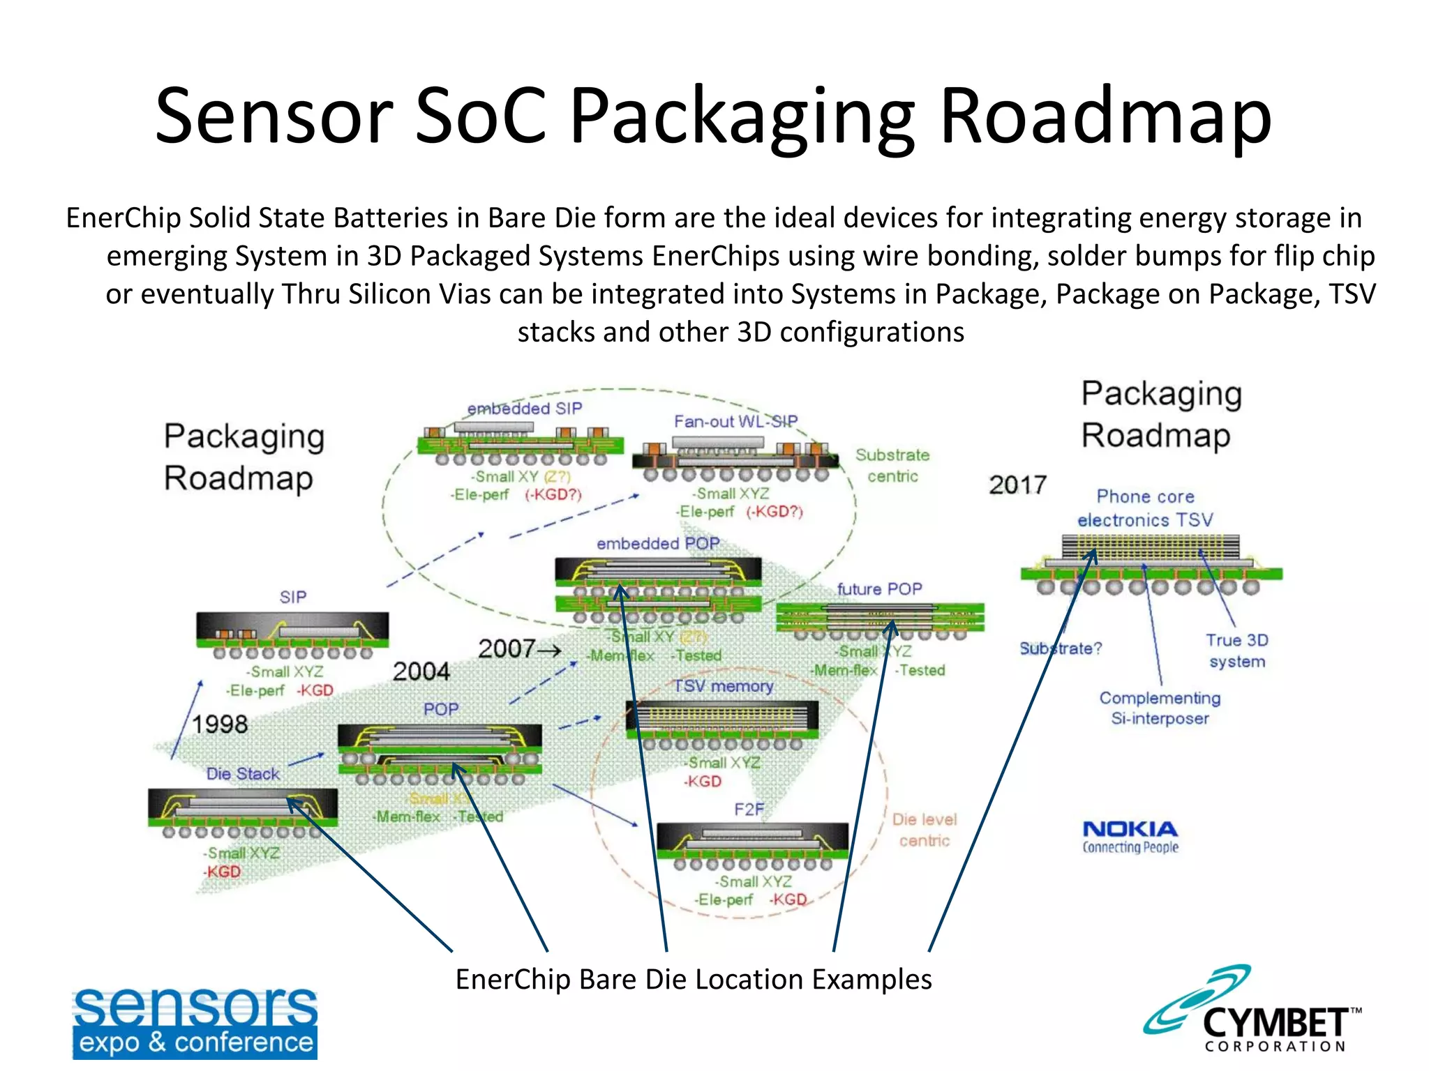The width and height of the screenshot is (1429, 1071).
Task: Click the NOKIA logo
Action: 1130,836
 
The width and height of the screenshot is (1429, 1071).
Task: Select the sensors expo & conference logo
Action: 195,1023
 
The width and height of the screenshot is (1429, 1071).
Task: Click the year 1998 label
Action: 220,724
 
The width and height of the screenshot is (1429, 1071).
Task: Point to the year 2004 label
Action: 421,671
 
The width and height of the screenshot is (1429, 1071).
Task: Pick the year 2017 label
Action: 1017,485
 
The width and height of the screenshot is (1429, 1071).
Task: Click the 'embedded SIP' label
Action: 525,409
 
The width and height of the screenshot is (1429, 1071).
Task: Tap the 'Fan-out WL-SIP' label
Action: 735,421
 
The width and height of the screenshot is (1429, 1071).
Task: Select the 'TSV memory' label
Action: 723,686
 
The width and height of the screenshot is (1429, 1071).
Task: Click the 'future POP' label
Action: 879,589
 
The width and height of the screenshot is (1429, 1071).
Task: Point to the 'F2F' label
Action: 749,809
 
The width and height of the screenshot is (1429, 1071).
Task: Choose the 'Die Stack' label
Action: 242,774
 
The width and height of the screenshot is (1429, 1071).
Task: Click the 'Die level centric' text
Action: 925,830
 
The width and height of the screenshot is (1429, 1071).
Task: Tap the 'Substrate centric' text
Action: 892,465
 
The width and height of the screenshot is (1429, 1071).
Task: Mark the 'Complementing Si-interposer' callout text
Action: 1160,708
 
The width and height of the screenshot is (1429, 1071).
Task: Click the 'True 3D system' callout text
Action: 1236,651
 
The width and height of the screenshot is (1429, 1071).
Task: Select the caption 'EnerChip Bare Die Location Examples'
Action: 694,980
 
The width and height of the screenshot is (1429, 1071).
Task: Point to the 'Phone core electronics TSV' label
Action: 1145,508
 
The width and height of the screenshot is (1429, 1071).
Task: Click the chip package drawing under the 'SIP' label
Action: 292,635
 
